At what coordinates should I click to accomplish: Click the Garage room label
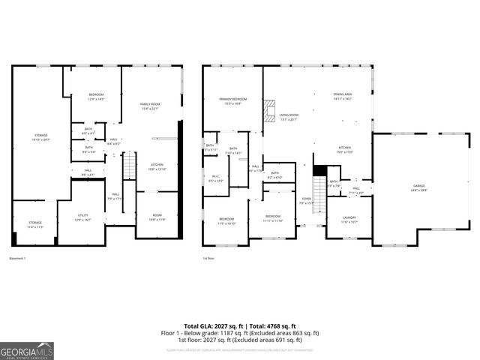click(418, 187)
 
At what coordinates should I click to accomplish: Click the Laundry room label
click(349, 220)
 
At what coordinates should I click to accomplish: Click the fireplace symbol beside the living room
click(268, 111)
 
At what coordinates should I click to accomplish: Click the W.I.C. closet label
click(215, 178)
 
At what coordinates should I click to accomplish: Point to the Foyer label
click(306, 201)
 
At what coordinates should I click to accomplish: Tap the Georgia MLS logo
click(27, 350)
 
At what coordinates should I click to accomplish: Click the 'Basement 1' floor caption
click(17, 258)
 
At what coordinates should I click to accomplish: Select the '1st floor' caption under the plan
click(208, 258)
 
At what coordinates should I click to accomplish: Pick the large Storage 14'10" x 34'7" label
click(40, 137)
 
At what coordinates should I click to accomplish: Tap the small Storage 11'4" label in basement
click(35, 224)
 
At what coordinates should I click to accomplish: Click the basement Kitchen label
click(157, 166)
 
